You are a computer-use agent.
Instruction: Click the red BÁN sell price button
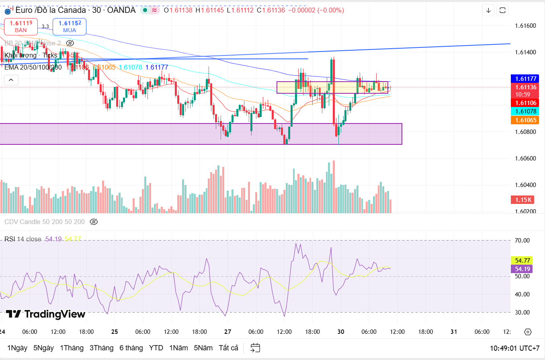(21, 26)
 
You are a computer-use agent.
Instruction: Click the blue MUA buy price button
(70, 26)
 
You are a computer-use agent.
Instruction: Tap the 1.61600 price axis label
(525, 26)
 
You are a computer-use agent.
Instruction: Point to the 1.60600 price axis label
(525, 158)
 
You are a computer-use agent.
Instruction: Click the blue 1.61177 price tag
(521, 79)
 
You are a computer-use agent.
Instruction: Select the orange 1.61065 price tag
(521, 120)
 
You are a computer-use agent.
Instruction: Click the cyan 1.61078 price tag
(521, 111)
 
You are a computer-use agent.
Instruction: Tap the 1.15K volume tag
(521, 200)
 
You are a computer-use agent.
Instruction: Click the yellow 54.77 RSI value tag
(521, 260)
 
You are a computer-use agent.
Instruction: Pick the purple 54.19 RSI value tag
(521, 269)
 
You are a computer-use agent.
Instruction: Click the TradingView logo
(45, 314)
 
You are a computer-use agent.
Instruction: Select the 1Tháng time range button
(72, 348)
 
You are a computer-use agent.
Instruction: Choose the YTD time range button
(156, 348)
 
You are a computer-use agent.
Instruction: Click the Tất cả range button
(228, 348)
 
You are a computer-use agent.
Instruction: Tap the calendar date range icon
(255, 348)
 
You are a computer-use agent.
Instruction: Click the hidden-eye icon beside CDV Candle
(94, 222)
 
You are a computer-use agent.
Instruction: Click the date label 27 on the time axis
(227, 332)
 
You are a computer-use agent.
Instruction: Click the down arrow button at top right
(488, 10)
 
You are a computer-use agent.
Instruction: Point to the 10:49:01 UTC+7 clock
(514, 348)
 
